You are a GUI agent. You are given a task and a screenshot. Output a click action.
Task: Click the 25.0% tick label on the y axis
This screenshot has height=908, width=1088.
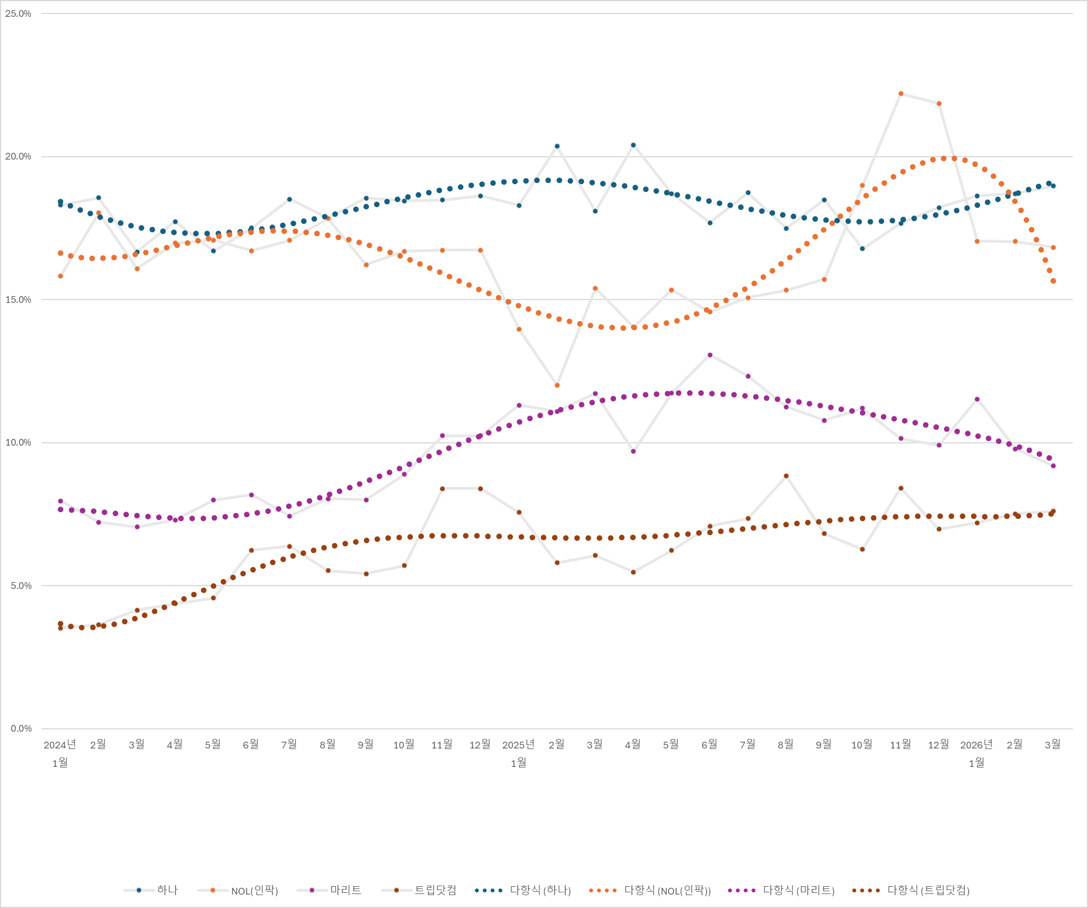point(18,13)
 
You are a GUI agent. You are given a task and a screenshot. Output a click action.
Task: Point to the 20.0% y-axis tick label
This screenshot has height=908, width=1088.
point(18,157)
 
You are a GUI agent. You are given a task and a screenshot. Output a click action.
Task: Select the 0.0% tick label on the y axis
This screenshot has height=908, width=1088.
point(20,728)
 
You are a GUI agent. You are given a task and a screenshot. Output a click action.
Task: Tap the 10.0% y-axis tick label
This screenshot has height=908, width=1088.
point(18,443)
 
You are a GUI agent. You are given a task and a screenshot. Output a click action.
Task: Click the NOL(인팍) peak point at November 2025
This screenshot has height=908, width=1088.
point(900,93)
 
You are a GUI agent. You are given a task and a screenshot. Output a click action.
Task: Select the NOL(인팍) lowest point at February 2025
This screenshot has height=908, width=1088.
point(557,385)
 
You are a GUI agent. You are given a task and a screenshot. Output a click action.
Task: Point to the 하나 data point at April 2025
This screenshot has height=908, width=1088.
point(633,145)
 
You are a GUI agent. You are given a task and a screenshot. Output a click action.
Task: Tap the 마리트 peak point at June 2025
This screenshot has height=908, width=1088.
point(710,355)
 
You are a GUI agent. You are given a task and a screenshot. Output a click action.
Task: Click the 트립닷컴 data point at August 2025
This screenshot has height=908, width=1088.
point(786,476)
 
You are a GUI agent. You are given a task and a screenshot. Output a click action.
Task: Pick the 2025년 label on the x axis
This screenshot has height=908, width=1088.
point(518,745)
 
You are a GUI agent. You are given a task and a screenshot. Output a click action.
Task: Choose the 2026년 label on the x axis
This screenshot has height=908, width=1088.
point(976,745)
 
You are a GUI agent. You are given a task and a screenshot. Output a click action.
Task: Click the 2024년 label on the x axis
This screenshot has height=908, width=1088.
point(59,745)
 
